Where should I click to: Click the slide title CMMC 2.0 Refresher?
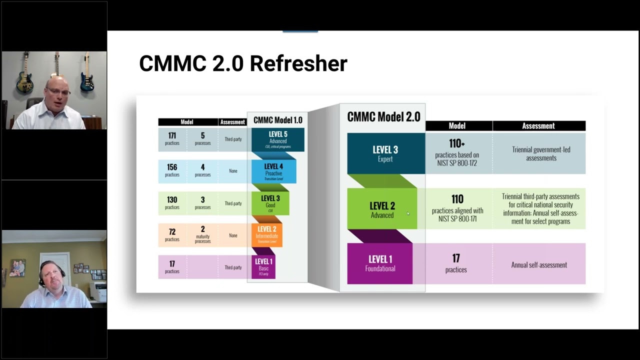pyautogui.click(x=243, y=64)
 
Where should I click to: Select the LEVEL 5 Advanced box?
pyautogui.click(x=278, y=139)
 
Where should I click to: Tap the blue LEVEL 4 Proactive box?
pyautogui.click(x=273, y=171)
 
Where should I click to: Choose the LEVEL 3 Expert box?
pyautogui.click(x=385, y=153)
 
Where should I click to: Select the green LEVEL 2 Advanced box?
pyautogui.click(x=382, y=209)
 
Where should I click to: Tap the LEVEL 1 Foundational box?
pyautogui.click(x=380, y=263)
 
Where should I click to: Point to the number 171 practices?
pyautogui.click(x=172, y=138)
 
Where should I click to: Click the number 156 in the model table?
pyautogui.click(x=172, y=167)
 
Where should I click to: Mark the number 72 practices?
pyautogui.click(x=172, y=232)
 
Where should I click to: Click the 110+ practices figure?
pyautogui.click(x=457, y=144)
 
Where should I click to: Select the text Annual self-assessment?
pyautogui.click(x=539, y=265)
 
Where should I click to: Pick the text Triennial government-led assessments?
pyautogui.click(x=541, y=153)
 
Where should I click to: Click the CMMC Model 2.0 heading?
pyautogui.click(x=383, y=117)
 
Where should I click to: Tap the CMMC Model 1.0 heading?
pyautogui.click(x=277, y=120)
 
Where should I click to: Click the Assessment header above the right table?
pyautogui.click(x=538, y=126)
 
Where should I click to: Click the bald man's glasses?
pyautogui.click(x=58, y=91)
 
